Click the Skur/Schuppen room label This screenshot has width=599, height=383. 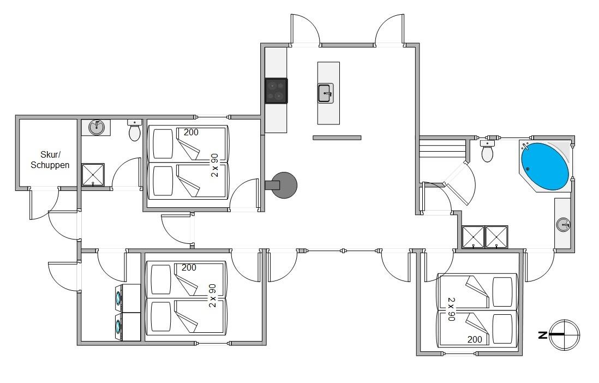tap(50, 160)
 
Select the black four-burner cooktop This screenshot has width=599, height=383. tap(276, 91)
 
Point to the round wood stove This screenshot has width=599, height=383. tap(284, 185)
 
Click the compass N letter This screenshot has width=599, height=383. tap(542, 335)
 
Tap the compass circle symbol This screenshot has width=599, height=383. tap(564, 335)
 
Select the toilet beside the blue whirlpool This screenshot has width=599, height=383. tap(487, 151)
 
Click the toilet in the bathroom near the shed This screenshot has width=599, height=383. tap(134, 130)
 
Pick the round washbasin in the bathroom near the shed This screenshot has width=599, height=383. tap(97, 127)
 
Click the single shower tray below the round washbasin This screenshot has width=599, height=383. tap(93, 175)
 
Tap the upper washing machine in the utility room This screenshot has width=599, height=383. tap(128, 298)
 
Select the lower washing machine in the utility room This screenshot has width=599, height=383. tap(128, 327)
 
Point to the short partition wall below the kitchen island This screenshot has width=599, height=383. tap(337, 137)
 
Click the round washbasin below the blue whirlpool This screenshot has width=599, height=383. tap(563, 224)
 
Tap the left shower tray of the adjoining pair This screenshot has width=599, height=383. tap(474, 237)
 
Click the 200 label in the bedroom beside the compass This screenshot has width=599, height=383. tap(475, 339)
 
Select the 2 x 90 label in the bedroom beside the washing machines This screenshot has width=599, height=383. tap(212, 296)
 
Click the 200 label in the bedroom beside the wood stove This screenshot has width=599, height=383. tap(191, 132)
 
